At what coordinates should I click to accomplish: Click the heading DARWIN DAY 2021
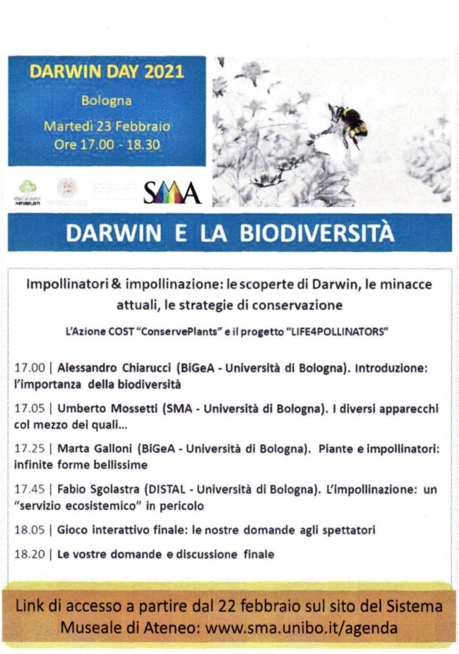(107, 72)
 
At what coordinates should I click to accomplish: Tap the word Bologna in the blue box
(107, 100)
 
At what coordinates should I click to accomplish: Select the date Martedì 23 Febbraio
(107, 126)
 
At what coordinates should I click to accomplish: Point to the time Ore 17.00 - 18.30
(107, 144)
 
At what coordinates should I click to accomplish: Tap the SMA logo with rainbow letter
(172, 192)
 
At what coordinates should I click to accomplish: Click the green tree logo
(28, 189)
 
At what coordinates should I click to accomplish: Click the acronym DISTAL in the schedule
(166, 489)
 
